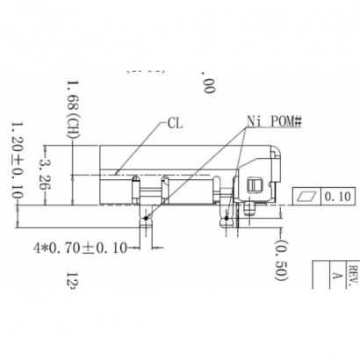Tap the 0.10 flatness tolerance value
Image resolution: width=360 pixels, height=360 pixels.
(x=337, y=197)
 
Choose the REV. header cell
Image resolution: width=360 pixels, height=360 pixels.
(x=351, y=270)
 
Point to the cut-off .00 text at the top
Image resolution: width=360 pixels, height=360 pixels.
(x=208, y=84)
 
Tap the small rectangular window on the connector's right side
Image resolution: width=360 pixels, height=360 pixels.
(x=255, y=185)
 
